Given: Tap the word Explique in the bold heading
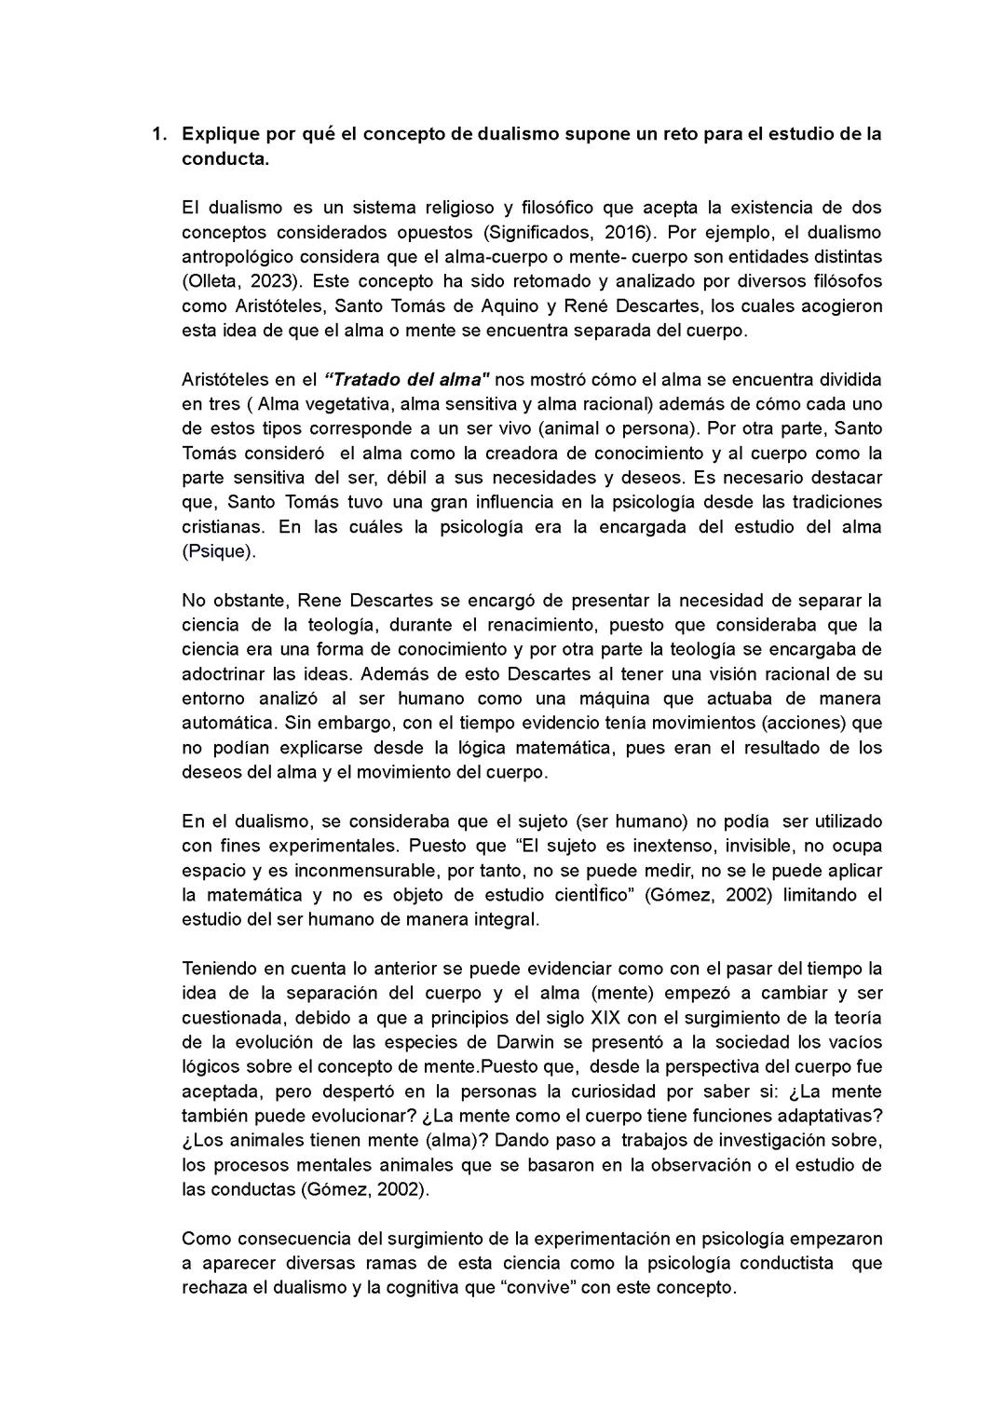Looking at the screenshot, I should pyautogui.click(x=217, y=134).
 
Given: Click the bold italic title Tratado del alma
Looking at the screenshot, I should pyautogui.click(x=407, y=380).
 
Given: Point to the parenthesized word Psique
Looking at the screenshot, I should pyautogui.click(x=217, y=551).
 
